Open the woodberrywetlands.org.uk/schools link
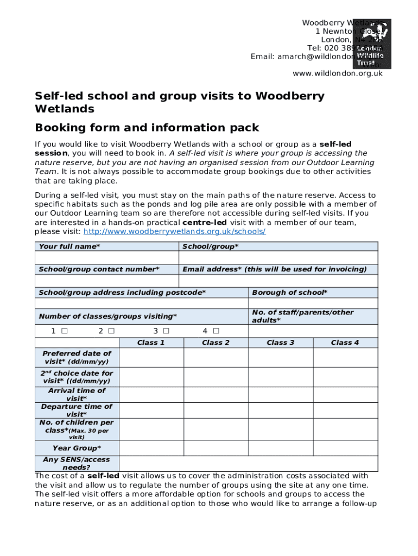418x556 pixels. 174,232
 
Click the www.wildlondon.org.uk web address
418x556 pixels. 338,73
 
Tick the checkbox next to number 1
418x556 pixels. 65,331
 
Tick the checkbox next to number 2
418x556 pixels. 111,331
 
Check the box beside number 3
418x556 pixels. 166,331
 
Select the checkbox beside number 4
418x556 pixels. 216,331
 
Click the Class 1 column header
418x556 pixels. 151,343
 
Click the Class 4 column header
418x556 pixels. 345,343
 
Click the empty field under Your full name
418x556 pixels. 106,258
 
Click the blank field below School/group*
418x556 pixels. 278,258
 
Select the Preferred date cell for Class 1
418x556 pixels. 151,358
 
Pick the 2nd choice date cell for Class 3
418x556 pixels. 280,377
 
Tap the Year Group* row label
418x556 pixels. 77,448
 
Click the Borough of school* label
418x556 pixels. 289,293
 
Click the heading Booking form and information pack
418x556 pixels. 147,128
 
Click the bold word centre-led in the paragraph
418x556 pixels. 205,223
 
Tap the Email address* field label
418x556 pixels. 274,269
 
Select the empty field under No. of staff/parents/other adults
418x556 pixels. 313,331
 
